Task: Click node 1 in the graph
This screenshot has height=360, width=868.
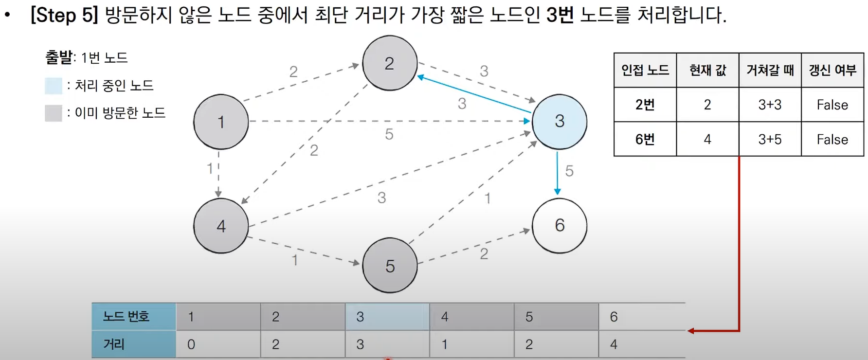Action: (221, 122)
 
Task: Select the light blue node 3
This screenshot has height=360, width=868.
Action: (560, 122)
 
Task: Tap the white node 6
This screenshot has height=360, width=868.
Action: (560, 225)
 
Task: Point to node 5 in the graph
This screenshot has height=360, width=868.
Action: (390, 266)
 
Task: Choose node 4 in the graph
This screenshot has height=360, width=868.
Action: (221, 226)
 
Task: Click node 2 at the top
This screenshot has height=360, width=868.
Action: (390, 63)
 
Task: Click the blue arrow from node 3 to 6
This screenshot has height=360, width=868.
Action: (558, 173)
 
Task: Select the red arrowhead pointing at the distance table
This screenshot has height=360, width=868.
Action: (691, 331)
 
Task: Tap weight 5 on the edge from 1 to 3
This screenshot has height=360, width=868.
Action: (389, 134)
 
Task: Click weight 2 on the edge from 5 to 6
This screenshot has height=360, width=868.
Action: (484, 253)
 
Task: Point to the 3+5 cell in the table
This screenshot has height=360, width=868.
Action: (770, 140)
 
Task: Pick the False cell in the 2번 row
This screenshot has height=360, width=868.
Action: (832, 105)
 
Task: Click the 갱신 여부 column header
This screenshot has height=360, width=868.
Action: (832, 70)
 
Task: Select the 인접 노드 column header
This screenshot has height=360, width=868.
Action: (645, 70)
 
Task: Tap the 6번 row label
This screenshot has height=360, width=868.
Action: (645, 140)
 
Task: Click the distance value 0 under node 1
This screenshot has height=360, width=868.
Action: (191, 344)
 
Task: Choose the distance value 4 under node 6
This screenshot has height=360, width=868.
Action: (614, 344)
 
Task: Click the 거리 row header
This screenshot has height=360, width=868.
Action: (114, 344)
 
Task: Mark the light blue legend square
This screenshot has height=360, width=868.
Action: (54, 86)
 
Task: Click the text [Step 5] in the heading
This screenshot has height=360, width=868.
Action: (64, 15)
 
